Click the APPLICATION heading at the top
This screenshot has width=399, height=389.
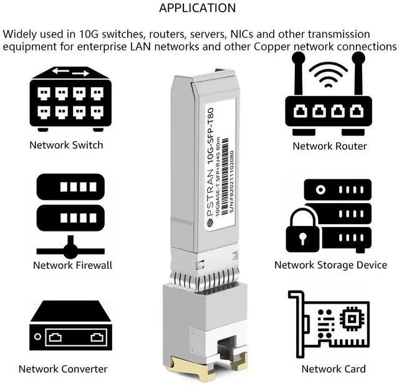click(x=198, y=8)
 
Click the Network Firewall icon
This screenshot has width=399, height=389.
click(x=70, y=215)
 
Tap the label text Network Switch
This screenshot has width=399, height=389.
click(x=66, y=145)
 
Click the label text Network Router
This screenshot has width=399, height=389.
click(x=330, y=146)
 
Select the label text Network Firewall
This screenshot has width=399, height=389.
click(x=72, y=265)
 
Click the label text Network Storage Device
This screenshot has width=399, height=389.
click(x=330, y=265)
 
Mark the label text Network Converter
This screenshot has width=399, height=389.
click(x=63, y=369)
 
